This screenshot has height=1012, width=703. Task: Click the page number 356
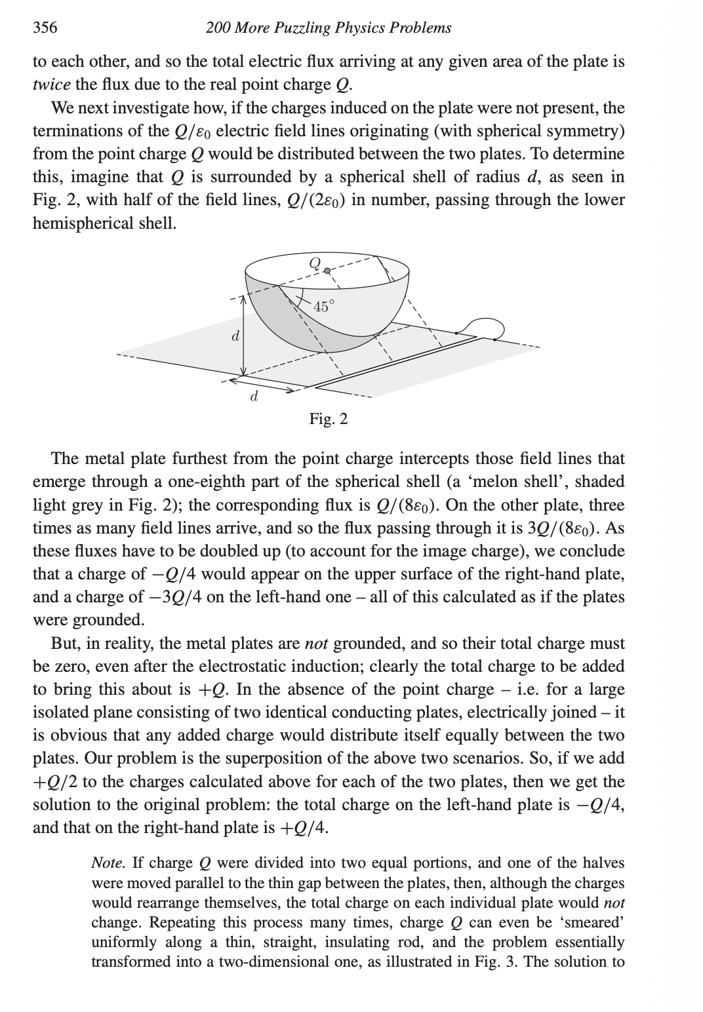click(x=45, y=28)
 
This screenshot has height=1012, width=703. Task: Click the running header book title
click(x=328, y=28)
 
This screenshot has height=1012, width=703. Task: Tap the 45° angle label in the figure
click(x=323, y=306)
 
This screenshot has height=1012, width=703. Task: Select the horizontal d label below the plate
click(x=254, y=397)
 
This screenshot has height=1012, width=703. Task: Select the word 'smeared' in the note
click(x=596, y=922)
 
